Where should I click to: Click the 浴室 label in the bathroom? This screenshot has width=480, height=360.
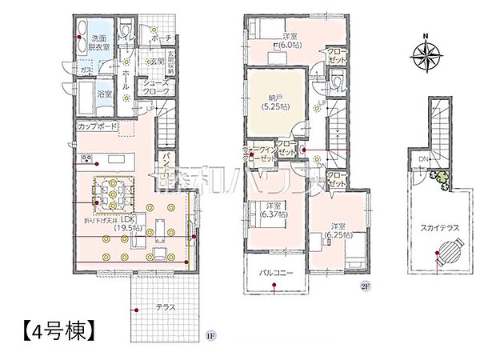click(x=105, y=94)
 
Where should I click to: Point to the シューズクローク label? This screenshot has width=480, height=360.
click(x=154, y=87)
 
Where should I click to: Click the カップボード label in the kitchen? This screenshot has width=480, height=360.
click(x=98, y=127)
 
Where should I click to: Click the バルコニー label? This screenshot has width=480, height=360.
click(x=274, y=273)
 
